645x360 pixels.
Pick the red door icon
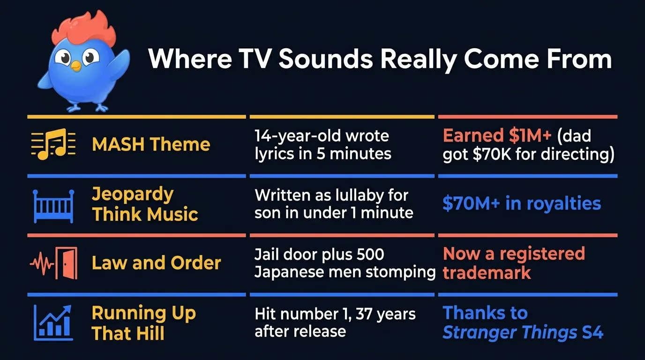(66, 264)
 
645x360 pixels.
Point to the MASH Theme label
(151, 144)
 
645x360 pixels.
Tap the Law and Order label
(156, 263)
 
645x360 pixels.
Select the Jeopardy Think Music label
(145, 204)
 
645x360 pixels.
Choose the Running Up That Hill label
(143, 323)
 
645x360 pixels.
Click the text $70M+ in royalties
(522, 204)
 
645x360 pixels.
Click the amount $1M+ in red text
(521, 135)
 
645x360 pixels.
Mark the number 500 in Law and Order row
(370, 255)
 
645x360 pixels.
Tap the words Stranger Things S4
(523, 332)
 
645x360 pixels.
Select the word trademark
(487, 273)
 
